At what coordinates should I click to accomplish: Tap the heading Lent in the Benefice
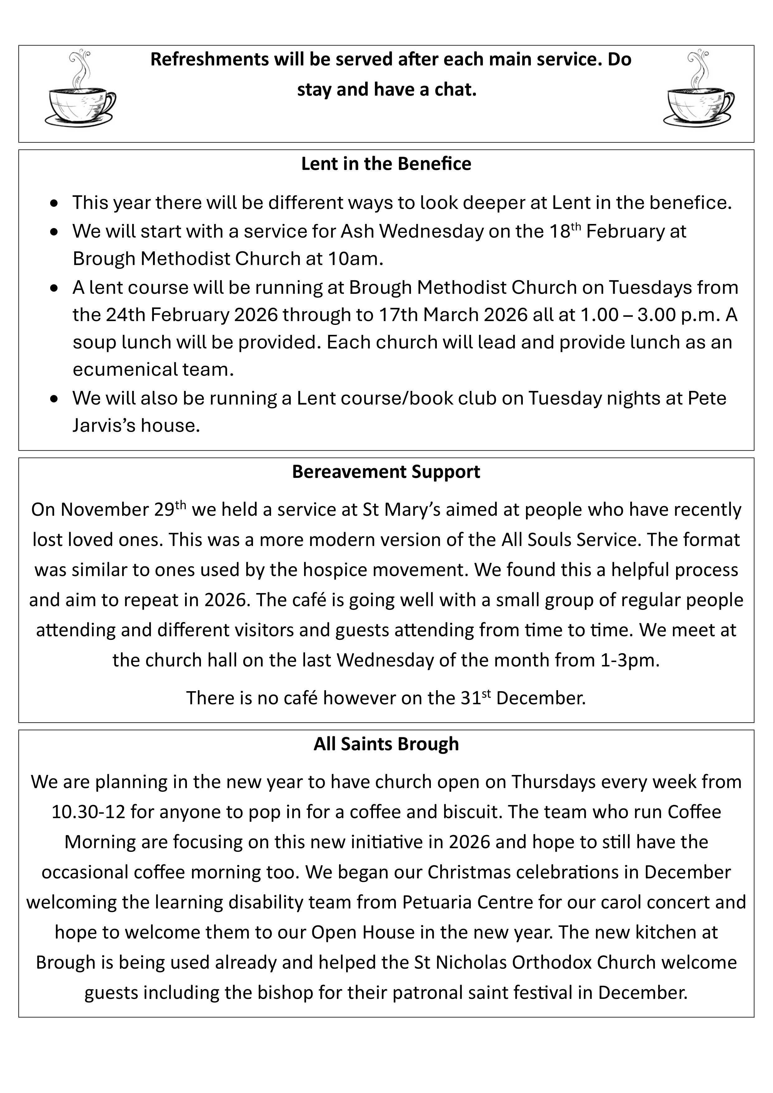(386, 164)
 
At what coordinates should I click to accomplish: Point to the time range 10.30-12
(88, 812)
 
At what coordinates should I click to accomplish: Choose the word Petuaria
(436, 902)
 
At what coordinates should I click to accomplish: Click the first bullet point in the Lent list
(55, 204)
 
